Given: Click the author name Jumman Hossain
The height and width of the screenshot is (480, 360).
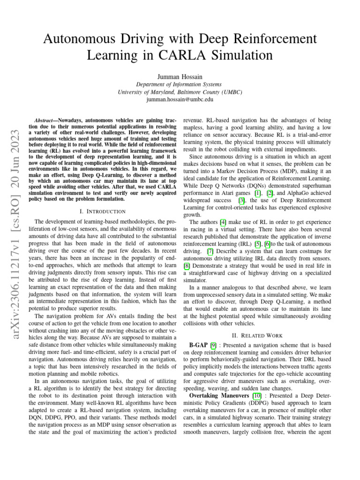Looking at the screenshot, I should point(180,76).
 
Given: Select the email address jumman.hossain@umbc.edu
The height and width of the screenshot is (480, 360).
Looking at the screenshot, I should point(180,99).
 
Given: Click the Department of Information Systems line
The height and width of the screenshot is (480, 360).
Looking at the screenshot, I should point(180,84).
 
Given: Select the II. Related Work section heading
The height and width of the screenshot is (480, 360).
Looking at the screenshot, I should point(260,335).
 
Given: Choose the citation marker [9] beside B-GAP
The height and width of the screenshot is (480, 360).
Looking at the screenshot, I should point(214,345).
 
